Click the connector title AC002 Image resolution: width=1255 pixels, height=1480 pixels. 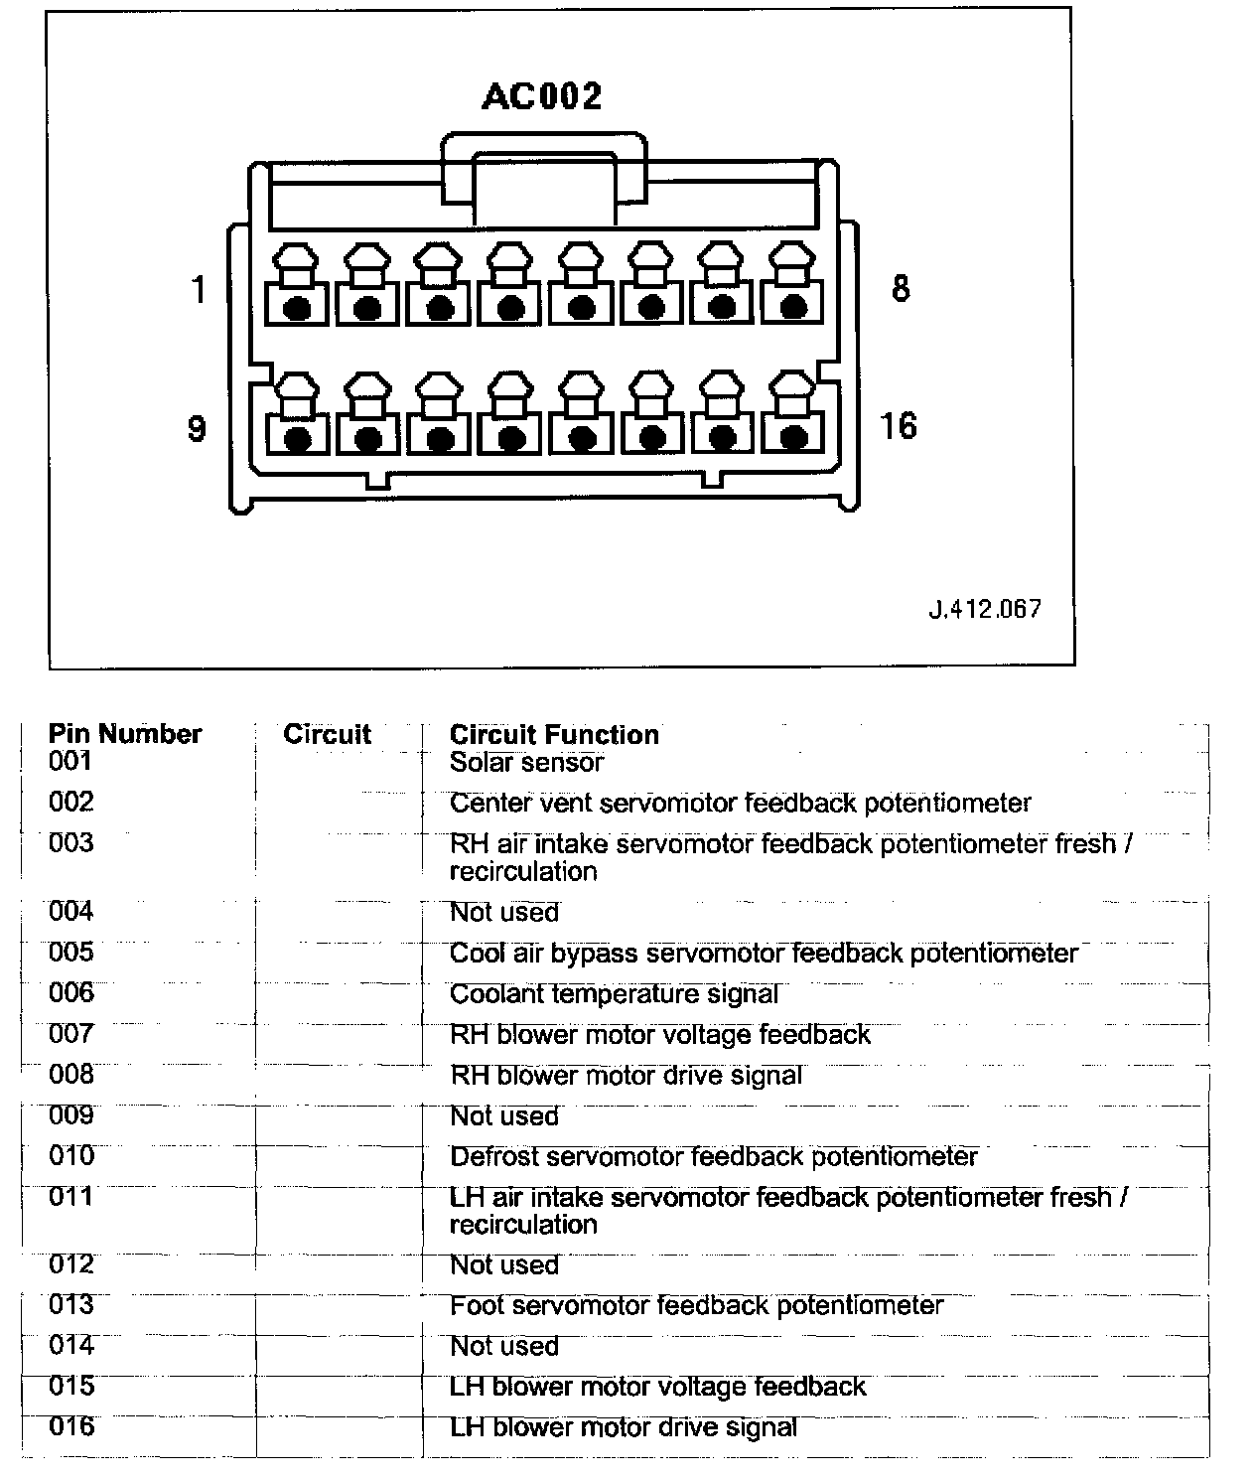[541, 96]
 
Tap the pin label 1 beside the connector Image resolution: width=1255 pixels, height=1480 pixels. [199, 290]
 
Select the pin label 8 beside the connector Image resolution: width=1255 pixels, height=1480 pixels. [900, 289]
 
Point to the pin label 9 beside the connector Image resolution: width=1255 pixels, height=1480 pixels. [197, 428]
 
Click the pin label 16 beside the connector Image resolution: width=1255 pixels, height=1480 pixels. [898, 426]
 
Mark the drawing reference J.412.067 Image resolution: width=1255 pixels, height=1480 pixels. [985, 609]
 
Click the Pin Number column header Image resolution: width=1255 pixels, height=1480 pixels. [125, 734]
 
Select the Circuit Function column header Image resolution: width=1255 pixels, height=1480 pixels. [554, 735]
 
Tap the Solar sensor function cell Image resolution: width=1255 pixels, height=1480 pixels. [526, 763]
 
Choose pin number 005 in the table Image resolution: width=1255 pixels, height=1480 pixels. [71, 953]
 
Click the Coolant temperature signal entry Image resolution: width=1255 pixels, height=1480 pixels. [614, 994]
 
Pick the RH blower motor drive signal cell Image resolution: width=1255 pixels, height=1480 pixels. [626, 1076]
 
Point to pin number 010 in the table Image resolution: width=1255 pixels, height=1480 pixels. [71, 1156]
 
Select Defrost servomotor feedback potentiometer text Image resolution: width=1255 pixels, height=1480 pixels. [713, 1157]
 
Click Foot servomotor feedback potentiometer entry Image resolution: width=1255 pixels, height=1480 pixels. [696, 1305]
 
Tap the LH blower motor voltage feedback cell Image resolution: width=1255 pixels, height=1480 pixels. [657, 1387]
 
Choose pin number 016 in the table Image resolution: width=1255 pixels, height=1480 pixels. [71, 1427]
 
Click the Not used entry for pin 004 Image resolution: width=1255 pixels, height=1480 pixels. [504, 912]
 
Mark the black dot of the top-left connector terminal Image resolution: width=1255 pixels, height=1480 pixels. [297, 308]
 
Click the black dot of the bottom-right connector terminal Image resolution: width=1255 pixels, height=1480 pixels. [792, 437]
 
